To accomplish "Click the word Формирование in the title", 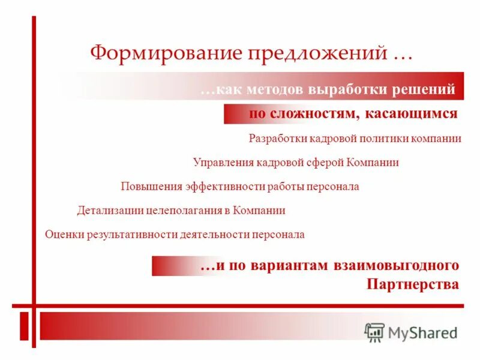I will pos(163,53).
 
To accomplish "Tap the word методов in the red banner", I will pos(273,90).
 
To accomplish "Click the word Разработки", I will pos(278,139).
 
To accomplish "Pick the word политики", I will pos(385,139).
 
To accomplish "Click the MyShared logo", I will pos(411,331).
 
